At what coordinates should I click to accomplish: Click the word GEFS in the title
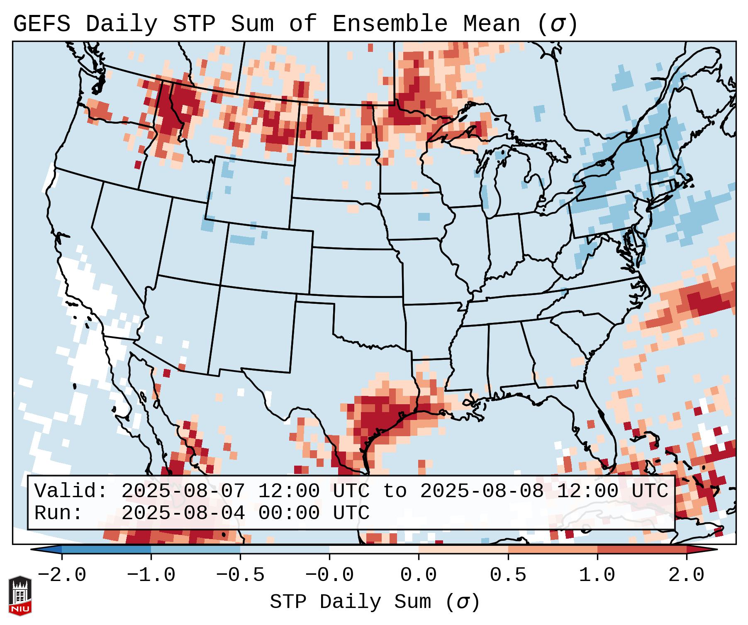pyautogui.click(x=41, y=24)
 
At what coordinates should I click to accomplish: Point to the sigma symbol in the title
pyautogui.click(x=557, y=24)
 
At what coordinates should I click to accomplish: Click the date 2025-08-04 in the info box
pyautogui.click(x=183, y=513)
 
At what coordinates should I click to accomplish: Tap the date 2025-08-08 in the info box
pyautogui.click(x=482, y=491)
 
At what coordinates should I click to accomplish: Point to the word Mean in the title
pyautogui.click(x=492, y=24)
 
